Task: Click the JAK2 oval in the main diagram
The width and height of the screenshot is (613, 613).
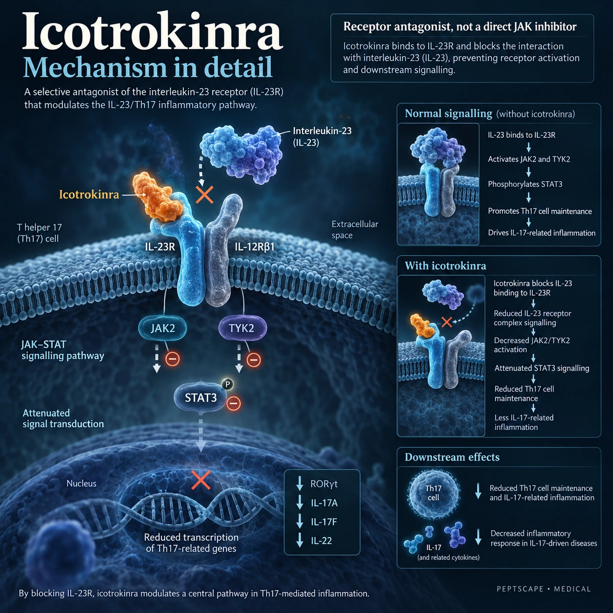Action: tap(163, 328)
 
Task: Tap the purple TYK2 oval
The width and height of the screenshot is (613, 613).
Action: tap(241, 328)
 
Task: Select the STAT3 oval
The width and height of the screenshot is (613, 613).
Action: tap(201, 397)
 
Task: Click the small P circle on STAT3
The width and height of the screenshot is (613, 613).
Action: tap(227, 384)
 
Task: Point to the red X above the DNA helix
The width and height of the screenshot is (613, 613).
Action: tap(201, 481)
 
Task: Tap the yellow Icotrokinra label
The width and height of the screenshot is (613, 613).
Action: tap(89, 195)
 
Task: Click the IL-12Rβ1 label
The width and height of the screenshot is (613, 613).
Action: tap(255, 246)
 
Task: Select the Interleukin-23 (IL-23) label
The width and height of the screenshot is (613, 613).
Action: tap(322, 136)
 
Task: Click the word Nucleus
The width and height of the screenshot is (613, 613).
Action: tap(82, 483)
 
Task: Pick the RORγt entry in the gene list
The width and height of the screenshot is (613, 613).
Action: tap(324, 484)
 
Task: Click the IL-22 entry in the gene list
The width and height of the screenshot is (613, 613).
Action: tap(321, 541)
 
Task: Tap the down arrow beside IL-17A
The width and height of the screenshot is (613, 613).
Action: tap(299, 503)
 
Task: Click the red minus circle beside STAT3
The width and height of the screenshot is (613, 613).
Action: tap(234, 403)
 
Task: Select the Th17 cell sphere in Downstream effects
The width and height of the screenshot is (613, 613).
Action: tap(434, 493)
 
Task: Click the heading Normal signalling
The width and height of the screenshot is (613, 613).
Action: tap(448, 113)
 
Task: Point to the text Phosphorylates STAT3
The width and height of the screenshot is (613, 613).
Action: tap(525, 184)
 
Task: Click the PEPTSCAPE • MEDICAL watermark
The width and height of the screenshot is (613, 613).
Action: tap(544, 589)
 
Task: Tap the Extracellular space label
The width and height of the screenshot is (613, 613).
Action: tap(355, 230)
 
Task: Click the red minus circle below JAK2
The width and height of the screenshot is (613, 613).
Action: tap(173, 359)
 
